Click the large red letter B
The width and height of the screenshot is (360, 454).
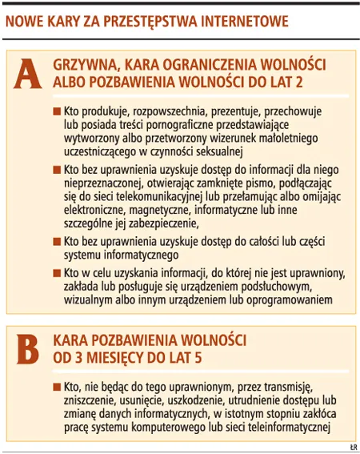[28, 348]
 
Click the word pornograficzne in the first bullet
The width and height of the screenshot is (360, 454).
[177, 125]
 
